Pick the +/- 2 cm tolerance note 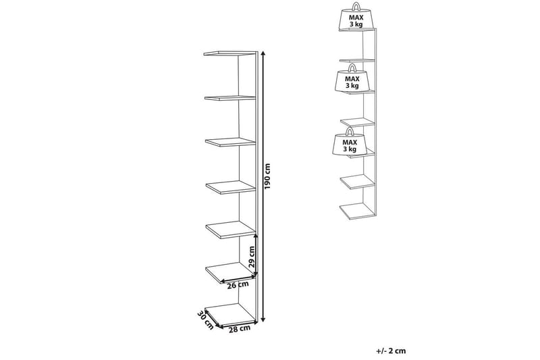(391, 351)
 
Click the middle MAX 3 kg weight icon (352, 80)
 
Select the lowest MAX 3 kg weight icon (349, 144)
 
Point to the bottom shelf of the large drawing (230, 312)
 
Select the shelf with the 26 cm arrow (230, 272)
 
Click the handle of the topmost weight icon (354, 6)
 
